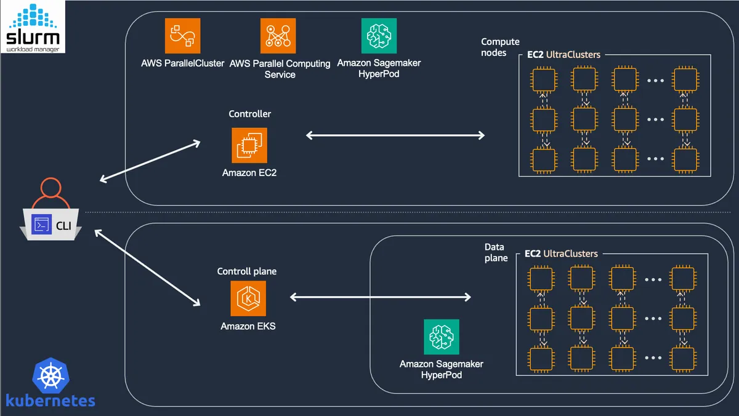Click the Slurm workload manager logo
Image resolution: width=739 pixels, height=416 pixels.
[x=33, y=26]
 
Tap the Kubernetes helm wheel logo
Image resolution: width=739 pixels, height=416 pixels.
[x=50, y=375]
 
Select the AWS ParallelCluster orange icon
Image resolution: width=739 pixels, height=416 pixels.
[x=182, y=36]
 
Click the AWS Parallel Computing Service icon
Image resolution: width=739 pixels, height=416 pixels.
[x=278, y=36]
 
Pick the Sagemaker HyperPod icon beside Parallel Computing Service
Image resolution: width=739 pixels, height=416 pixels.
[x=379, y=36]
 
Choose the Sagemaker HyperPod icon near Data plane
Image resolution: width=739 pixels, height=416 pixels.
[x=442, y=337]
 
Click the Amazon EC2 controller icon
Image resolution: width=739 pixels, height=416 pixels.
[x=249, y=145]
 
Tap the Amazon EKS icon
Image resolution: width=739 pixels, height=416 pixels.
[x=248, y=298]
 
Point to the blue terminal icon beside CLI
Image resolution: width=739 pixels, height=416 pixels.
[x=41, y=225]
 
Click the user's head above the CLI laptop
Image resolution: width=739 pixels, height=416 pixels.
[x=50, y=188]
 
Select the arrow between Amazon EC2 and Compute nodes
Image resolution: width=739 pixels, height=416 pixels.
[x=395, y=135]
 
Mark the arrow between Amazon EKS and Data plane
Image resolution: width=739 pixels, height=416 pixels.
[x=381, y=297]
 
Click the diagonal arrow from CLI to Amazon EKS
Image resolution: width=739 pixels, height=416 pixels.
[x=147, y=268]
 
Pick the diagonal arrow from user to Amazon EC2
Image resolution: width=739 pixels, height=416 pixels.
[x=150, y=161]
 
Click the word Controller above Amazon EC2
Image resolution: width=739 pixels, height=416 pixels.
[x=250, y=114]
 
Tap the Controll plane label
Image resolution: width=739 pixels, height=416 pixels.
[x=247, y=271]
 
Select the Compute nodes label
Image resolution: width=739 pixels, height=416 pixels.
[x=500, y=47]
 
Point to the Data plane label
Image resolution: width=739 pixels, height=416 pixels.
[x=496, y=252]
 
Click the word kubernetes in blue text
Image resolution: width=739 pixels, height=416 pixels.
[x=50, y=401]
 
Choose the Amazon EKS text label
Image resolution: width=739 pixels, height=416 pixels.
[x=248, y=326]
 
